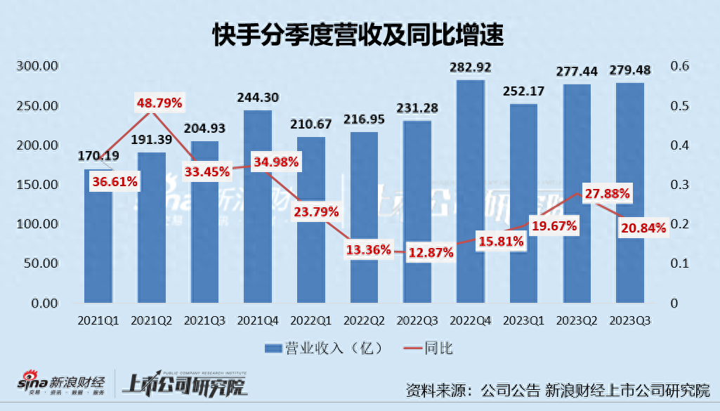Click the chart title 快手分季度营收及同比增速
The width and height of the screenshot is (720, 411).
pyautogui.click(x=359, y=33)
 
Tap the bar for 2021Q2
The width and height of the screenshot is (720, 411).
pyautogui.click(x=151, y=232)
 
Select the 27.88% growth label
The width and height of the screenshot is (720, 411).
pyautogui.click(x=603, y=193)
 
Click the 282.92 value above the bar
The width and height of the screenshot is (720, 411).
pyautogui.click(x=471, y=67)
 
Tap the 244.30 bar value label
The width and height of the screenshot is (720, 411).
pyautogui.click(x=258, y=98)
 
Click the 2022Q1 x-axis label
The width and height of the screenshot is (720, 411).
pyautogui.click(x=311, y=320)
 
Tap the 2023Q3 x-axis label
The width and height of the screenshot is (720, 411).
pyautogui.click(x=631, y=320)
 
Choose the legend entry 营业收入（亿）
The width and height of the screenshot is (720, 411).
pyautogui.click(x=316, y=348)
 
